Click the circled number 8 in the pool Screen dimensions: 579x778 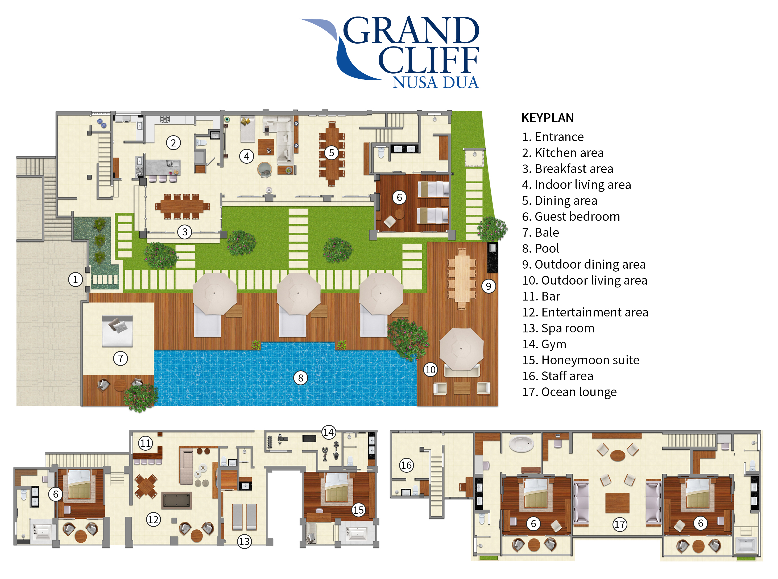tap(300, 378)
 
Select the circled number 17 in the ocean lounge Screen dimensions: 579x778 tap(619, 524)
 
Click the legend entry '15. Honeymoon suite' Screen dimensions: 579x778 tap(580, 360)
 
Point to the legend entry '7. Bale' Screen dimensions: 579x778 tap(540, 233)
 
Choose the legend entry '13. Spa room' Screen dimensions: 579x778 tap(558, 328)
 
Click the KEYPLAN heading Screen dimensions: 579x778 tap(547, 118)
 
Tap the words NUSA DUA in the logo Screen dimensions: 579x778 tap(435, 82)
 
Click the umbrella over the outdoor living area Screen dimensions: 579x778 tap(461, 348)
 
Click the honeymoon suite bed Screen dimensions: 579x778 tap(337, 488)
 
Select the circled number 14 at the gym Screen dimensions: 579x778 tap(328, 432)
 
